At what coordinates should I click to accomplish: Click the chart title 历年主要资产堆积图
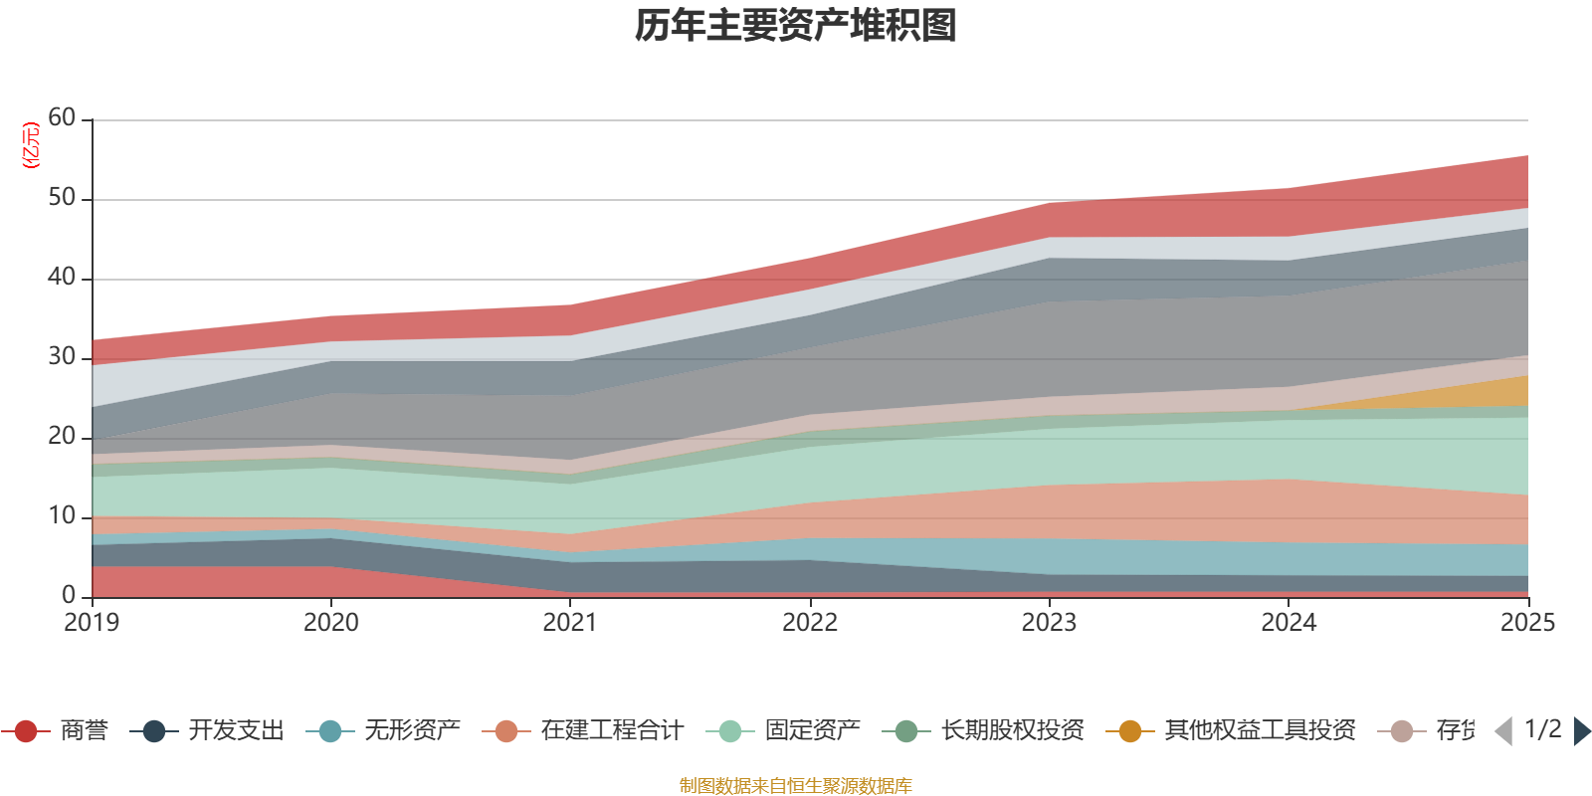point(796,26)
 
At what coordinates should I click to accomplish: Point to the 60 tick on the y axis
point(62,118)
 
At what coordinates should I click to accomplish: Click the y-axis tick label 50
point(62,198)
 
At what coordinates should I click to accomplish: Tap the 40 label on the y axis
point(62,278)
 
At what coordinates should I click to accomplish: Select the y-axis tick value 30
point(62,357)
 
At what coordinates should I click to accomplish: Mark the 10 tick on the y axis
point(62,516)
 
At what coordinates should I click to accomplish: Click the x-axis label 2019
point(92,623)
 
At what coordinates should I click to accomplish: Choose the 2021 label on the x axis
point(570,623)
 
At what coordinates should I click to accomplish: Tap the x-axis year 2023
point(1049,623)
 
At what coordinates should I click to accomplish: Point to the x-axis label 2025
point(1526,623)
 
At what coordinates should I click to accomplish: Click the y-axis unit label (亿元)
point(31,145)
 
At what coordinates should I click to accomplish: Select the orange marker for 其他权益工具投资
point(1130,731)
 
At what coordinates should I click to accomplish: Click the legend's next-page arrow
point(1581,731)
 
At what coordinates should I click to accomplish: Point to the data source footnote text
point(796,786)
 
